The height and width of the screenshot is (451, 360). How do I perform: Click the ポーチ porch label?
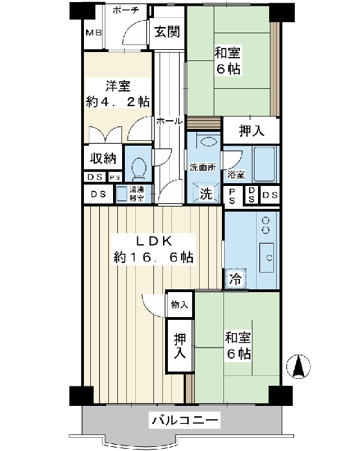point(126,10)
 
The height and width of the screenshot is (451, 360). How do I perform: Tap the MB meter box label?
point(94,33)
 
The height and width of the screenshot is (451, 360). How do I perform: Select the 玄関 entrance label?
point(167,31)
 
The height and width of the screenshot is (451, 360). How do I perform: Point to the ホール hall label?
point(169,121)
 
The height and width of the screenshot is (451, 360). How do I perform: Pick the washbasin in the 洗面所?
point(208,142)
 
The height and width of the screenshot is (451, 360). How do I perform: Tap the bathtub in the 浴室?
point(264,164)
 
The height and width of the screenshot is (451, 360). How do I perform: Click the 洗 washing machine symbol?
point(206,193)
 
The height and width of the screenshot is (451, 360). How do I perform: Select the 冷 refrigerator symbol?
point(236,278)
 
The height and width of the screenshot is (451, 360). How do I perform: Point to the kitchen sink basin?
point(266,257)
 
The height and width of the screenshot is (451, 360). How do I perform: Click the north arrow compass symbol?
point(298,366)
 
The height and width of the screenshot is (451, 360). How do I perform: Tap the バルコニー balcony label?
point(185,420)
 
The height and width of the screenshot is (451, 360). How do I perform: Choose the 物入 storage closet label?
point(180,305)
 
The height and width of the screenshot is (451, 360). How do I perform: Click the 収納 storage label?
point(103,158)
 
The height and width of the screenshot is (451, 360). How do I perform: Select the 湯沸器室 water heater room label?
point(136,194)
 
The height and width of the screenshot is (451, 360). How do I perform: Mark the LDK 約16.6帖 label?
point(153,249)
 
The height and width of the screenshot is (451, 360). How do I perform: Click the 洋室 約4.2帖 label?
point(117,94)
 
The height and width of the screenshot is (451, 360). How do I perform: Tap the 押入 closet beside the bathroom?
point(251,131)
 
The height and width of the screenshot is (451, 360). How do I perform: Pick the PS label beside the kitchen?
point(232,196)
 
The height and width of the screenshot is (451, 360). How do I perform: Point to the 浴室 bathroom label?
point(236,175)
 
